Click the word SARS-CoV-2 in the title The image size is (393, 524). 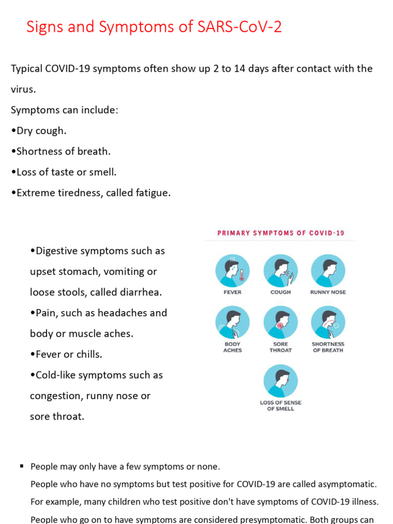point(239,27)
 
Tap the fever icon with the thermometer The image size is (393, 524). point(232,271)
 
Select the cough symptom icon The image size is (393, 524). point(280,271)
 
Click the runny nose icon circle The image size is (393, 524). point(328,271)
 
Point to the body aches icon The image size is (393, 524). point(232,323)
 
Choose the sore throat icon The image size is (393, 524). point(280,323)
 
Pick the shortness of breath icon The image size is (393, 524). point(328,323)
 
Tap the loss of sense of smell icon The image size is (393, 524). point(280,381)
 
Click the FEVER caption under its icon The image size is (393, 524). point(232,292)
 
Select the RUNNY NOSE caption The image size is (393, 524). point(328,292)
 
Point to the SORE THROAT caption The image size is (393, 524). point(280,347)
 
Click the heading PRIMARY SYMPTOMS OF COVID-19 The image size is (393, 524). point(281,233)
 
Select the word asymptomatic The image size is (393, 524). point(348,484)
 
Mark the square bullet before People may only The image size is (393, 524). point(22,466)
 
